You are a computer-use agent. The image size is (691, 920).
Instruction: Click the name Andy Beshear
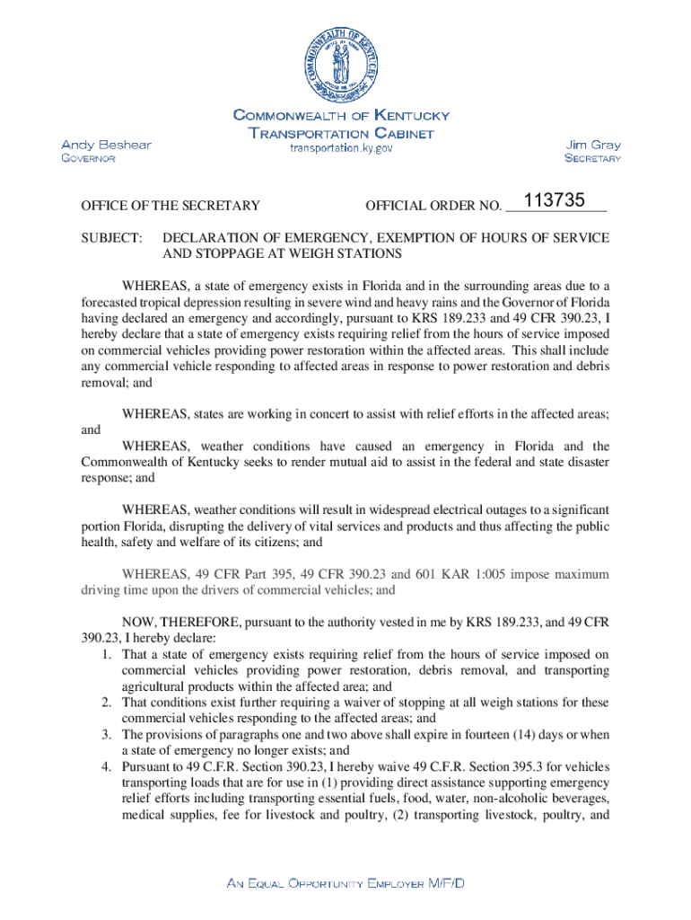(106, 145)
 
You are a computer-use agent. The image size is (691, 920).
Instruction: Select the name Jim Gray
(593, 145)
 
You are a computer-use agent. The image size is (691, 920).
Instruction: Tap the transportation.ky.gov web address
(341, 148)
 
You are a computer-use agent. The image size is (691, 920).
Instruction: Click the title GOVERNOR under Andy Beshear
(87, 159)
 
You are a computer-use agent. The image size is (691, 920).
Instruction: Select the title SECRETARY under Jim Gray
(592, 159)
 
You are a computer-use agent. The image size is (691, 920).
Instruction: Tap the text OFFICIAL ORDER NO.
(433, 207)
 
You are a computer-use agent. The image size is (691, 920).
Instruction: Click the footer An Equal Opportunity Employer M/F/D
(345, 884)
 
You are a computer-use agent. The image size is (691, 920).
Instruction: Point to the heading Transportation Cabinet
(341, 133)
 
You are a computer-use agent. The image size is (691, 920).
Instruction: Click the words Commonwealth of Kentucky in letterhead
(341, 116)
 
